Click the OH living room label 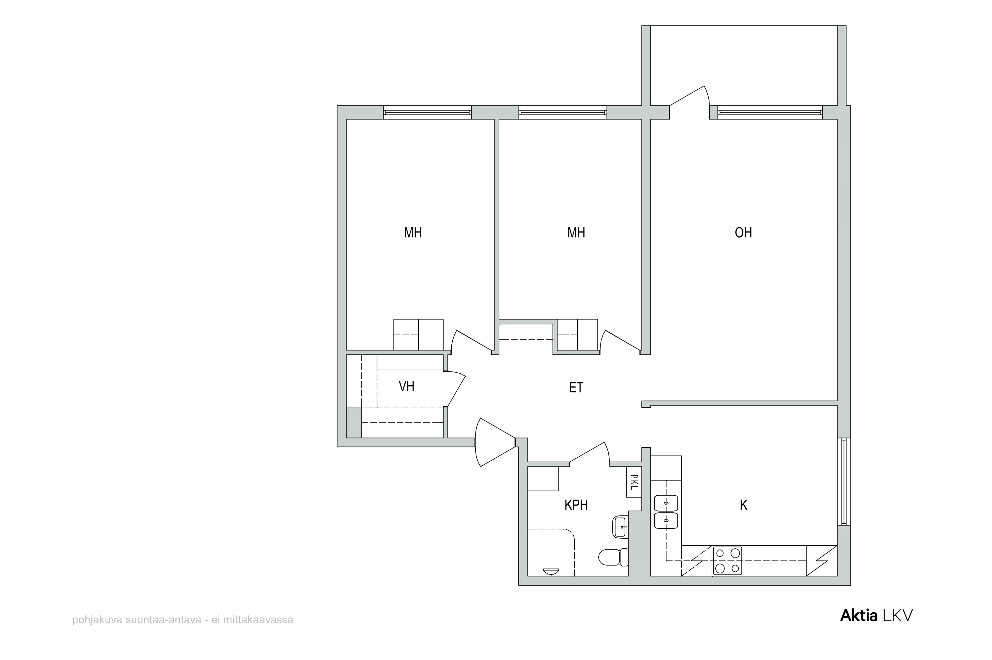(x=743, y=233)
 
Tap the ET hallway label (x=576, y=388)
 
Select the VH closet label (x=407, y=387)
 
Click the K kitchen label (x=744, y=505)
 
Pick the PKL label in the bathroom (x=634, y=482)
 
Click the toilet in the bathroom (x=613, y=557)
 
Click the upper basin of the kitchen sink (x=666, y=503)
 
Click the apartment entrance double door (x=495, y=442)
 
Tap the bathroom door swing (x=589, y=454)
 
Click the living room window (x=770, y=112)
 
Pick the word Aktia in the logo (x=859, y=616)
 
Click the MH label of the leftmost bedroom (x=413, y=233)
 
